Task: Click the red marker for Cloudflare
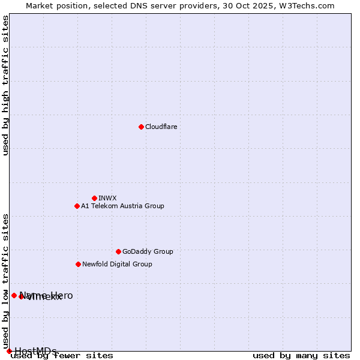point(141,127)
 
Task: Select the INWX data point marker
point(94,198)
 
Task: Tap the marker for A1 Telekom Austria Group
point(77,206)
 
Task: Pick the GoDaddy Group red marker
point(118,251)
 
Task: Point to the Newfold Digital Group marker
point(78,264)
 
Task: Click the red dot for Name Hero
point(14,295)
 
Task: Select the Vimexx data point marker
point(21,296)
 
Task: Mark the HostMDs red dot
point(9,351)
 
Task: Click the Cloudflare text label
point(161,127)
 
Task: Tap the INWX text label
point(107,198)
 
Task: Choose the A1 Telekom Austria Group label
point(122,206)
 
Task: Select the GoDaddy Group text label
point(148,251)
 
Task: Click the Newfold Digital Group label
point(117,264)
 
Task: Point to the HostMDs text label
point(35,351)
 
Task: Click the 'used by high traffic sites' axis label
point(5,85)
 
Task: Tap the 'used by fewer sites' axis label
point(62,356)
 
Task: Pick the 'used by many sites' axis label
point(301,356)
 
